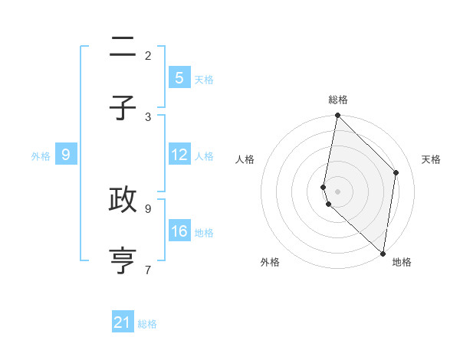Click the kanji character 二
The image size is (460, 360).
[x=123, y=48]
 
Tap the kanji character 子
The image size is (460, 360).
[x=123, y=109]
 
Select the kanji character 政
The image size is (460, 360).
[x=123, y=200]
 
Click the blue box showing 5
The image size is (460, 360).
[x=179, y=78]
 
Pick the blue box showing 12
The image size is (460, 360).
[x=179, y=155]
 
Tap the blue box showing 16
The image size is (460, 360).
[x=179, y=231]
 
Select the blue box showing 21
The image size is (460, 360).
[x=123, y=322]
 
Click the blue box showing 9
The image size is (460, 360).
[x=66, y=155]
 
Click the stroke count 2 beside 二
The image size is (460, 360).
[x=148, y=55]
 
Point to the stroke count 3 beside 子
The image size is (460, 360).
[x=148, y=116]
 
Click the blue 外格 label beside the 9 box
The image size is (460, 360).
[x=41, y=155]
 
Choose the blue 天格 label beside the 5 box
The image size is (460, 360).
[x=204, y=79]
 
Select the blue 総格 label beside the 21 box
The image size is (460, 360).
[x=147, y=324]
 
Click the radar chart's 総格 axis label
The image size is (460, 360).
[x=338, y=100]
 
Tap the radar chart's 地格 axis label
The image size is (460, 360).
[x=402, y=262]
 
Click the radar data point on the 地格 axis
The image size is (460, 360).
[x=383, y=254]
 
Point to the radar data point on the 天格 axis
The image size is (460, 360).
[x=396, y=172]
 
